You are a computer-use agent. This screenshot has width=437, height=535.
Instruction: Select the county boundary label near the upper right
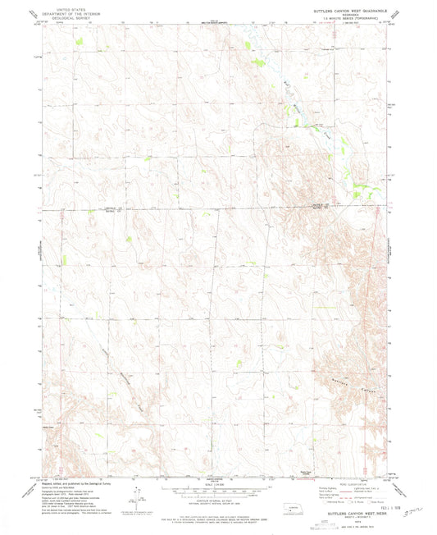coord(322,205)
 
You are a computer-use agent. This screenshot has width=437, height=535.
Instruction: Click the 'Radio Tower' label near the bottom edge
coord(283,470)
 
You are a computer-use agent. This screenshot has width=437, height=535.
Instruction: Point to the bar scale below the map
coord(210,491)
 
